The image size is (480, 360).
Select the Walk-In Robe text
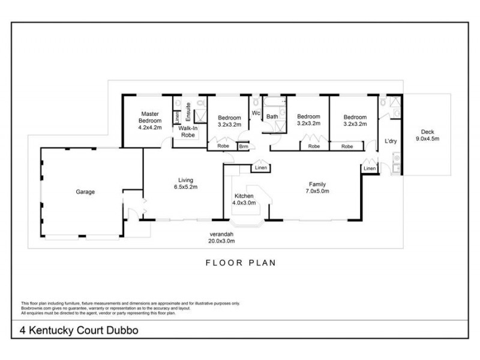(187, 132)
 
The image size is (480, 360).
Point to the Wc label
(255, 113)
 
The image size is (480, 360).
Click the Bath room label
(272, 116)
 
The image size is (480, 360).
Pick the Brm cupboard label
(244, 146)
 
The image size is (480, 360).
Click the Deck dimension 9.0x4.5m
(427, 139)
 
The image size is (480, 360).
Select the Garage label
(85, 192)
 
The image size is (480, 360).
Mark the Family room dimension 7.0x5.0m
(317, 191)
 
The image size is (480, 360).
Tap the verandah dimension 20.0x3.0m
(221, 241)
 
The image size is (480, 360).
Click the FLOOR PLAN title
(240, 262)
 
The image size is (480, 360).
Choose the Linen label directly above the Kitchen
(260, 167)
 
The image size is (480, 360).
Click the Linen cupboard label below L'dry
(370, 169)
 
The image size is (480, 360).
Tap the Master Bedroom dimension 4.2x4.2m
(149, 127)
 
